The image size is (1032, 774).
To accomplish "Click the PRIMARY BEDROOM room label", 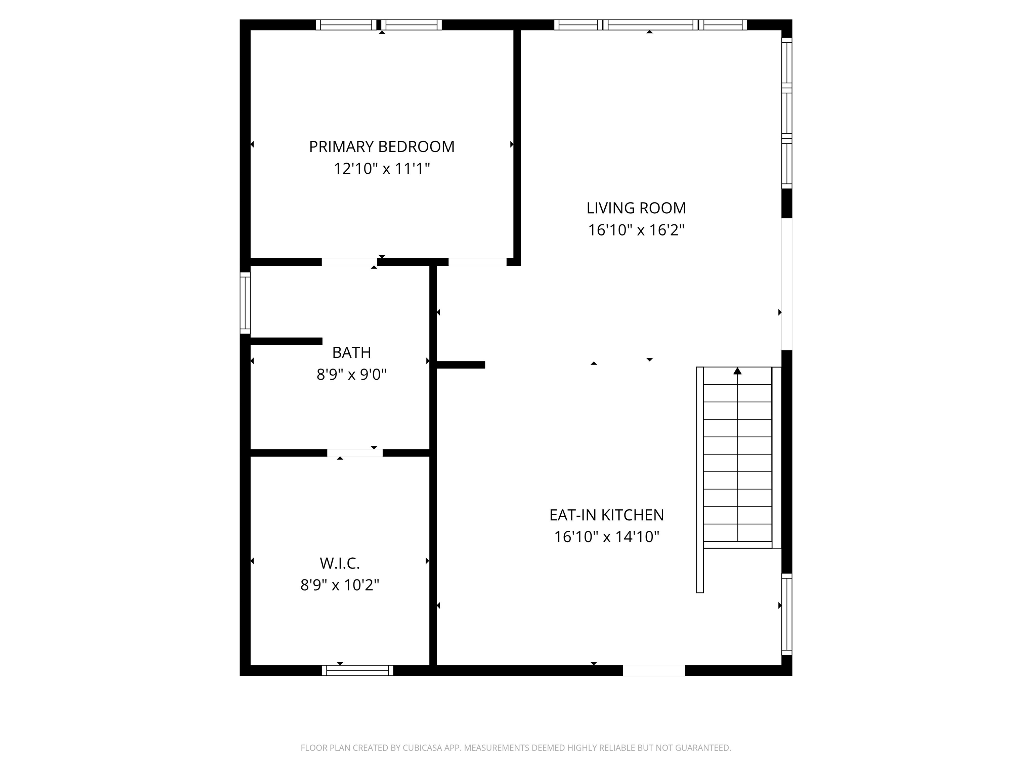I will point(382,146).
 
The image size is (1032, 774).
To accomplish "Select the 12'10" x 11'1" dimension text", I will point(382,168).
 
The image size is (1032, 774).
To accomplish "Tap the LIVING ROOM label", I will point(636,208).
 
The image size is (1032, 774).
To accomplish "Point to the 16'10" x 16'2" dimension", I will point(636,230).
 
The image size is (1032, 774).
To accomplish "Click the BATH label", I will point(351,352).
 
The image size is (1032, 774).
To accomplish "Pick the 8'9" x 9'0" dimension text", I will point(351,374).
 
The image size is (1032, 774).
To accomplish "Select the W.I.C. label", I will point(340,563).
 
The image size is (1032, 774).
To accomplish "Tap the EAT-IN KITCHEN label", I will point(606,515).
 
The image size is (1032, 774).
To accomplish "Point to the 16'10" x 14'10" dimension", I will point(606,536).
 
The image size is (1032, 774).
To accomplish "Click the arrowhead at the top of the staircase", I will point(737,371).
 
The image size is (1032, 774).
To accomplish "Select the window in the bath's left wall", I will point(245,303).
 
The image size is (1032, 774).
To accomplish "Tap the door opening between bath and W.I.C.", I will point(354,453).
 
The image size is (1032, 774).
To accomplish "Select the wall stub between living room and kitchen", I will point(461,365).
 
